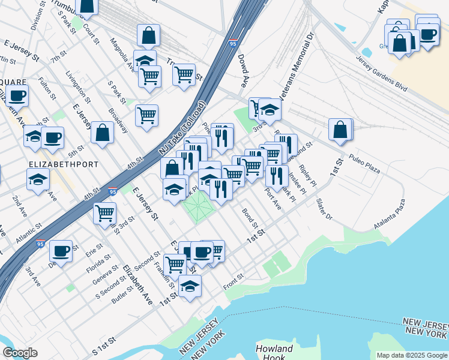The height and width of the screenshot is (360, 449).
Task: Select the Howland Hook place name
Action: click(x=274, y=353)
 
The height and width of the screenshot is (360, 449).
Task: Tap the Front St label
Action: click(x=233, y=280)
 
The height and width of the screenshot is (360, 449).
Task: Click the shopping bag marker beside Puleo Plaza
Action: click(x=340, y=130)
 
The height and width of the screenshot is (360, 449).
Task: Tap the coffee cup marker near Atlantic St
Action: click(x=61, y=251)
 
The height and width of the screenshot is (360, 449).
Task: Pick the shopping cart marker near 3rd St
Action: click(x=105, y=212)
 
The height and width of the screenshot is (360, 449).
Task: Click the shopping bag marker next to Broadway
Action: click(x=103, y=133)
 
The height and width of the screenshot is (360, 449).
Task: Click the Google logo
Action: click(x=20, y=353)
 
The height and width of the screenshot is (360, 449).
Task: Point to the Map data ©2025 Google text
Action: click(x=411, y=355)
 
